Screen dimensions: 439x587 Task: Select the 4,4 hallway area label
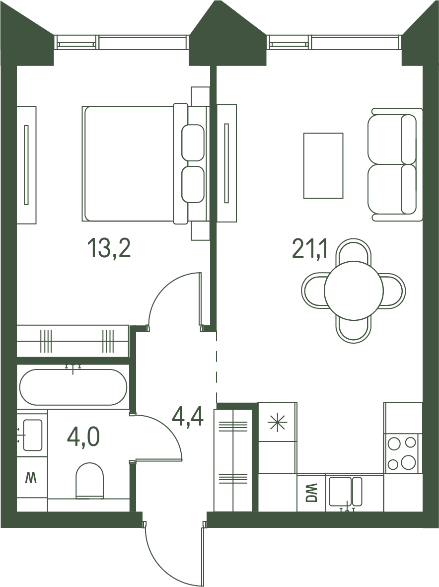(188, 418)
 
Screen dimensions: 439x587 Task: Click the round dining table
(354, 290)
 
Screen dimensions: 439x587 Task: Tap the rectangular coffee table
(323, 165)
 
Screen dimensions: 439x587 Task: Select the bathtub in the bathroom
(73, 387)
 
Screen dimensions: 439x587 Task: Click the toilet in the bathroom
(89, 481)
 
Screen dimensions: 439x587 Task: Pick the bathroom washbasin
(33, 435)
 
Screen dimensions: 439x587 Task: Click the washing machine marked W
(32, 478)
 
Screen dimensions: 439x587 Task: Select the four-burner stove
(403, 453)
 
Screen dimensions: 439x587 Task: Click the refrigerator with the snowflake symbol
(278, 422)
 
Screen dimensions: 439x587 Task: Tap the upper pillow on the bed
(193, 143)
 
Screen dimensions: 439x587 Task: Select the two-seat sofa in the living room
(395, 164)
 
